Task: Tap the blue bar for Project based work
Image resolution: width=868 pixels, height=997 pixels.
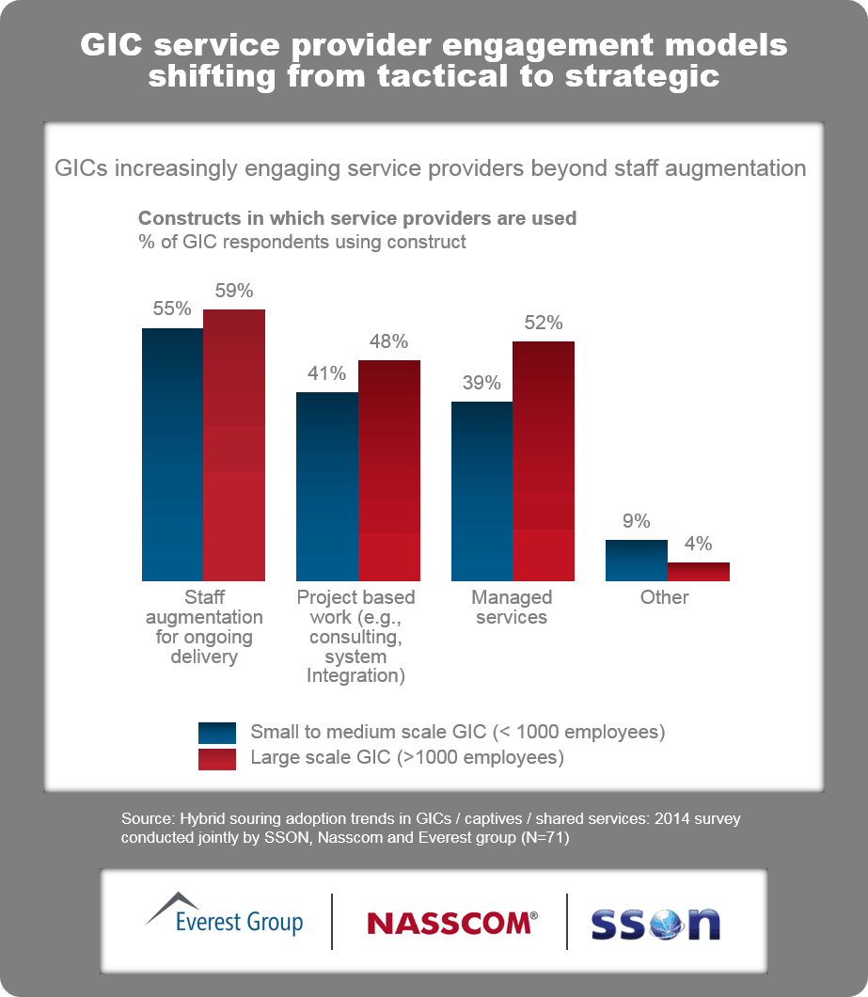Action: click(327, 486)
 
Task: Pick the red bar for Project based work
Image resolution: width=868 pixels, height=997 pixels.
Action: click(389, 470)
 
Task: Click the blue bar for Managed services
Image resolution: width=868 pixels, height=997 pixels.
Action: click(481, 491)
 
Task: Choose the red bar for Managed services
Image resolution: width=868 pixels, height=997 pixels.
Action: click(544, 461)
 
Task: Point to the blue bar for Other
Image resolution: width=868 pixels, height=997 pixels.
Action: click(637, 561)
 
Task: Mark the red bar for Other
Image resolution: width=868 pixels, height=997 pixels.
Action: click(699, 572)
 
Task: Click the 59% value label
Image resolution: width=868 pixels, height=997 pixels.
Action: click(234, 291)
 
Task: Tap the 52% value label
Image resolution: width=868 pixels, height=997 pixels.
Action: click(544, 323)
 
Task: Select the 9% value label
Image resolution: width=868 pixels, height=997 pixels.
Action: click(637, 521)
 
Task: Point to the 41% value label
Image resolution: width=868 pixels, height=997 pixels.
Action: click(327, 373)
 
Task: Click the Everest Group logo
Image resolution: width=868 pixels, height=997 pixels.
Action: click(225, 914)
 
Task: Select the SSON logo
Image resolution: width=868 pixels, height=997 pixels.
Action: click(655, 923)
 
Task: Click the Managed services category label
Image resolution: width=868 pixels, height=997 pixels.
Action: click(512, 608)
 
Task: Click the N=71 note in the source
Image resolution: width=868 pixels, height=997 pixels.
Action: click(544, 838)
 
